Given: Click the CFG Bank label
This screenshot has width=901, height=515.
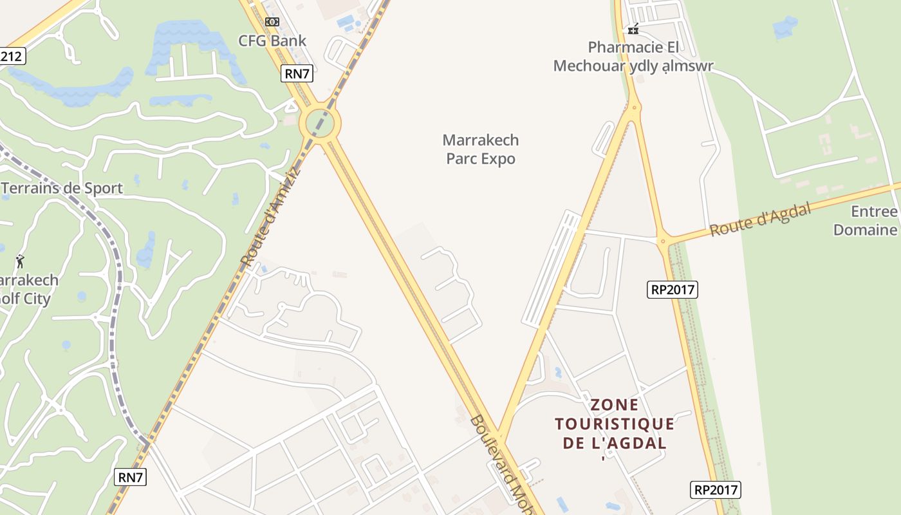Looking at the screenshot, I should [x=272, y=41].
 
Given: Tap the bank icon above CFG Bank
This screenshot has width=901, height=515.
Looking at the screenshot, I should [x=272, y=22].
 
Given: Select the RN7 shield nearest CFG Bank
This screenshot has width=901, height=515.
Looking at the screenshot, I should [x=297, y=73].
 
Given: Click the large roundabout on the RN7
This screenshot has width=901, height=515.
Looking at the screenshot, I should [x=320, y=122].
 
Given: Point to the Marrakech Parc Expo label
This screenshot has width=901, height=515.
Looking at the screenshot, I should [x=481, y=149].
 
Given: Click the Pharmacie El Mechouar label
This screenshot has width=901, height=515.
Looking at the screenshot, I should [x=633, y=57].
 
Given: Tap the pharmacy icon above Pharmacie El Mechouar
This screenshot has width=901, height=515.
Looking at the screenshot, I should [x=633, y=29].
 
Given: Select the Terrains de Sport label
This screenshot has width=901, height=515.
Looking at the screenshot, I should [x=62, y=189].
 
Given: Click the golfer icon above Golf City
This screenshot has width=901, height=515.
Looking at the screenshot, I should [x=20, y=261].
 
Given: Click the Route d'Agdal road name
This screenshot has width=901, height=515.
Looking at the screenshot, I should [x=760, y=219].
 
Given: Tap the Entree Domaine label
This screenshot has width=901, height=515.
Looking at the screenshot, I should [x=866, y=221].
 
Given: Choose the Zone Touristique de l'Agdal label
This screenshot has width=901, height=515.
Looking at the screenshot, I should [x=615, y=424].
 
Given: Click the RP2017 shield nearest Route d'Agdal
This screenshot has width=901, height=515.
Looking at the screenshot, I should [x=673, y=290].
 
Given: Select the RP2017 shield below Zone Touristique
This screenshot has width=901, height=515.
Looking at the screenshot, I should [x=716, y=490].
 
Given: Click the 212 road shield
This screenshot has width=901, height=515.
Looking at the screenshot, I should [x=12, y=57].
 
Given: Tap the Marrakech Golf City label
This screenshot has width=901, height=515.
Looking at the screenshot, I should [x=29, y=290].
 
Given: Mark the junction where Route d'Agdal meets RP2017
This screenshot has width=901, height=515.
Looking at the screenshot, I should [x=663, y=241].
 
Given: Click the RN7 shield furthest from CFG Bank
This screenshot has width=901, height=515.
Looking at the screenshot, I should [x=131, y=477].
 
